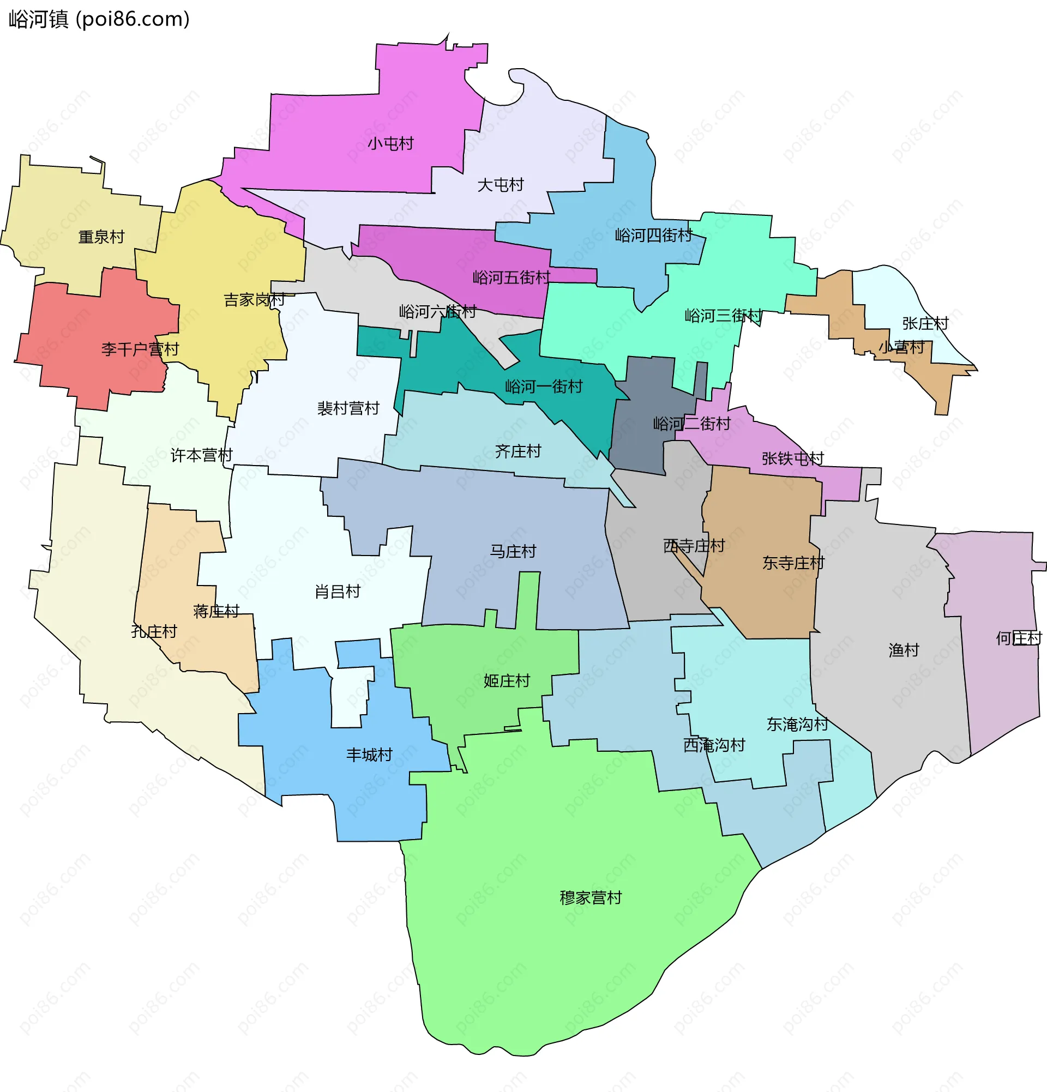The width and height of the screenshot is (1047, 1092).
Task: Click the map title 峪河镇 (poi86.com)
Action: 99,20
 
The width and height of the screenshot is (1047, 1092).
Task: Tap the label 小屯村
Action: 390,144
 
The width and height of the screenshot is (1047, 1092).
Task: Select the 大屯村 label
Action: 501,185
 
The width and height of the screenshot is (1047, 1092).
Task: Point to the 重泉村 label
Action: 101,237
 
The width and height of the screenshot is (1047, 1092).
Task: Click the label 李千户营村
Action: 140,349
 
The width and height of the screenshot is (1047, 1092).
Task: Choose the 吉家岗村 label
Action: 254,300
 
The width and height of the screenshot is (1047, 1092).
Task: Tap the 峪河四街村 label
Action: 653,236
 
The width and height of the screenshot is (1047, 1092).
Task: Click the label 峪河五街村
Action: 511,277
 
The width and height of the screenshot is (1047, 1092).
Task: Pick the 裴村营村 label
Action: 348,408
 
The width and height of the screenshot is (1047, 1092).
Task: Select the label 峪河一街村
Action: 543,387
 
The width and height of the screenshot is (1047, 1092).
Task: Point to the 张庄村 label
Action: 925,323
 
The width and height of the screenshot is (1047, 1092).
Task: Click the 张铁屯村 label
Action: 792,458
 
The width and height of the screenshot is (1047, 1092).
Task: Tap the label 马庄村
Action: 513,552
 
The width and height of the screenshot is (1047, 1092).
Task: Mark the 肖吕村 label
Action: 338,592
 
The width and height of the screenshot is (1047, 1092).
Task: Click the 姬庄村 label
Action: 507,681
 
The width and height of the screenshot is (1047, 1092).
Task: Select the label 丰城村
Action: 369,755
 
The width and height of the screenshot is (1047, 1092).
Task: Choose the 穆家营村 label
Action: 590,897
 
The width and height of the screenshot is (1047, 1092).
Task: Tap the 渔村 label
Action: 903,650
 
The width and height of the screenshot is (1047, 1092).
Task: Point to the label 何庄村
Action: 1018,638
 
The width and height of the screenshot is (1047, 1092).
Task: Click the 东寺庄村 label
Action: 793,563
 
